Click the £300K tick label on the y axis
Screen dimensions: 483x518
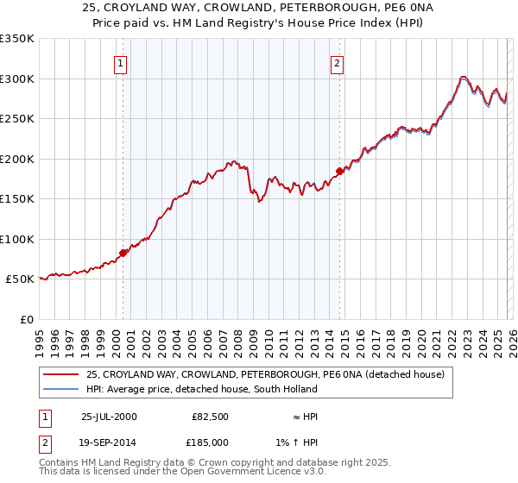coord(17,78)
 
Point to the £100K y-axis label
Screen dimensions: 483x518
coord(17,239)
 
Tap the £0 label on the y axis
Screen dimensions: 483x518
coord(26,319)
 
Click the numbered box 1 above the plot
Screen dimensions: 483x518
coord(123,62)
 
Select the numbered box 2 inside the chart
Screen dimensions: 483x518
coord(338,62)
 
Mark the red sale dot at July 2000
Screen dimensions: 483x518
coord(123,253)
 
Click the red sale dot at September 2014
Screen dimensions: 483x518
coord(339,171)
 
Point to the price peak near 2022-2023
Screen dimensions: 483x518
coord(464,77)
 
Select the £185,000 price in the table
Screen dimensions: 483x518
coord(211,442)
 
